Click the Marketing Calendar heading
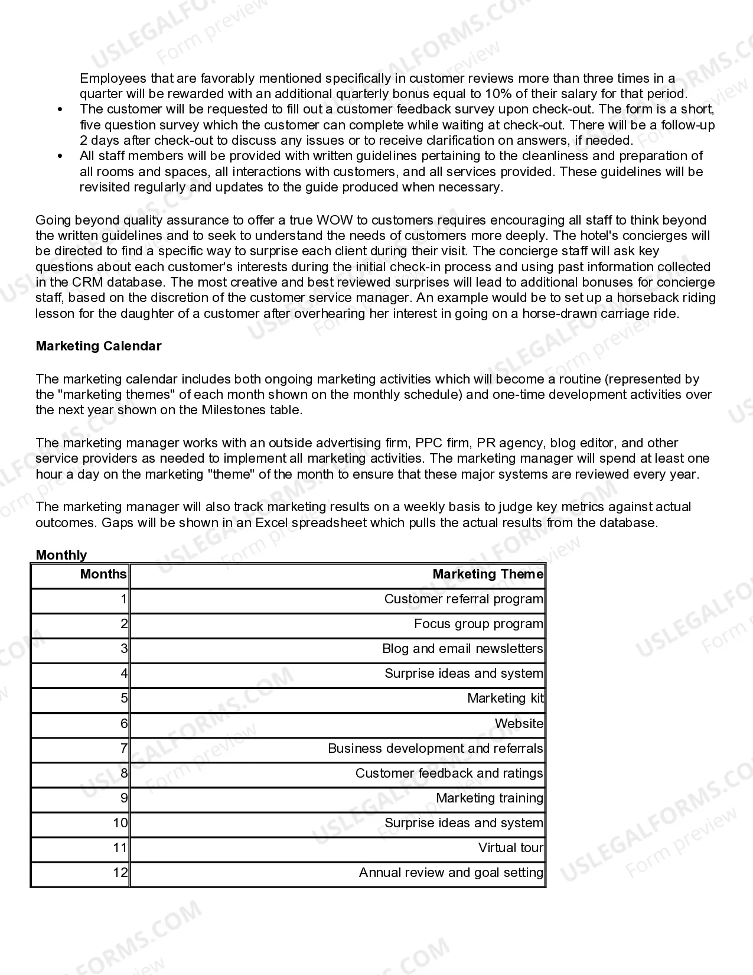[x=98, y=346]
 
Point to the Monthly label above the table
[x=61, y=555]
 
